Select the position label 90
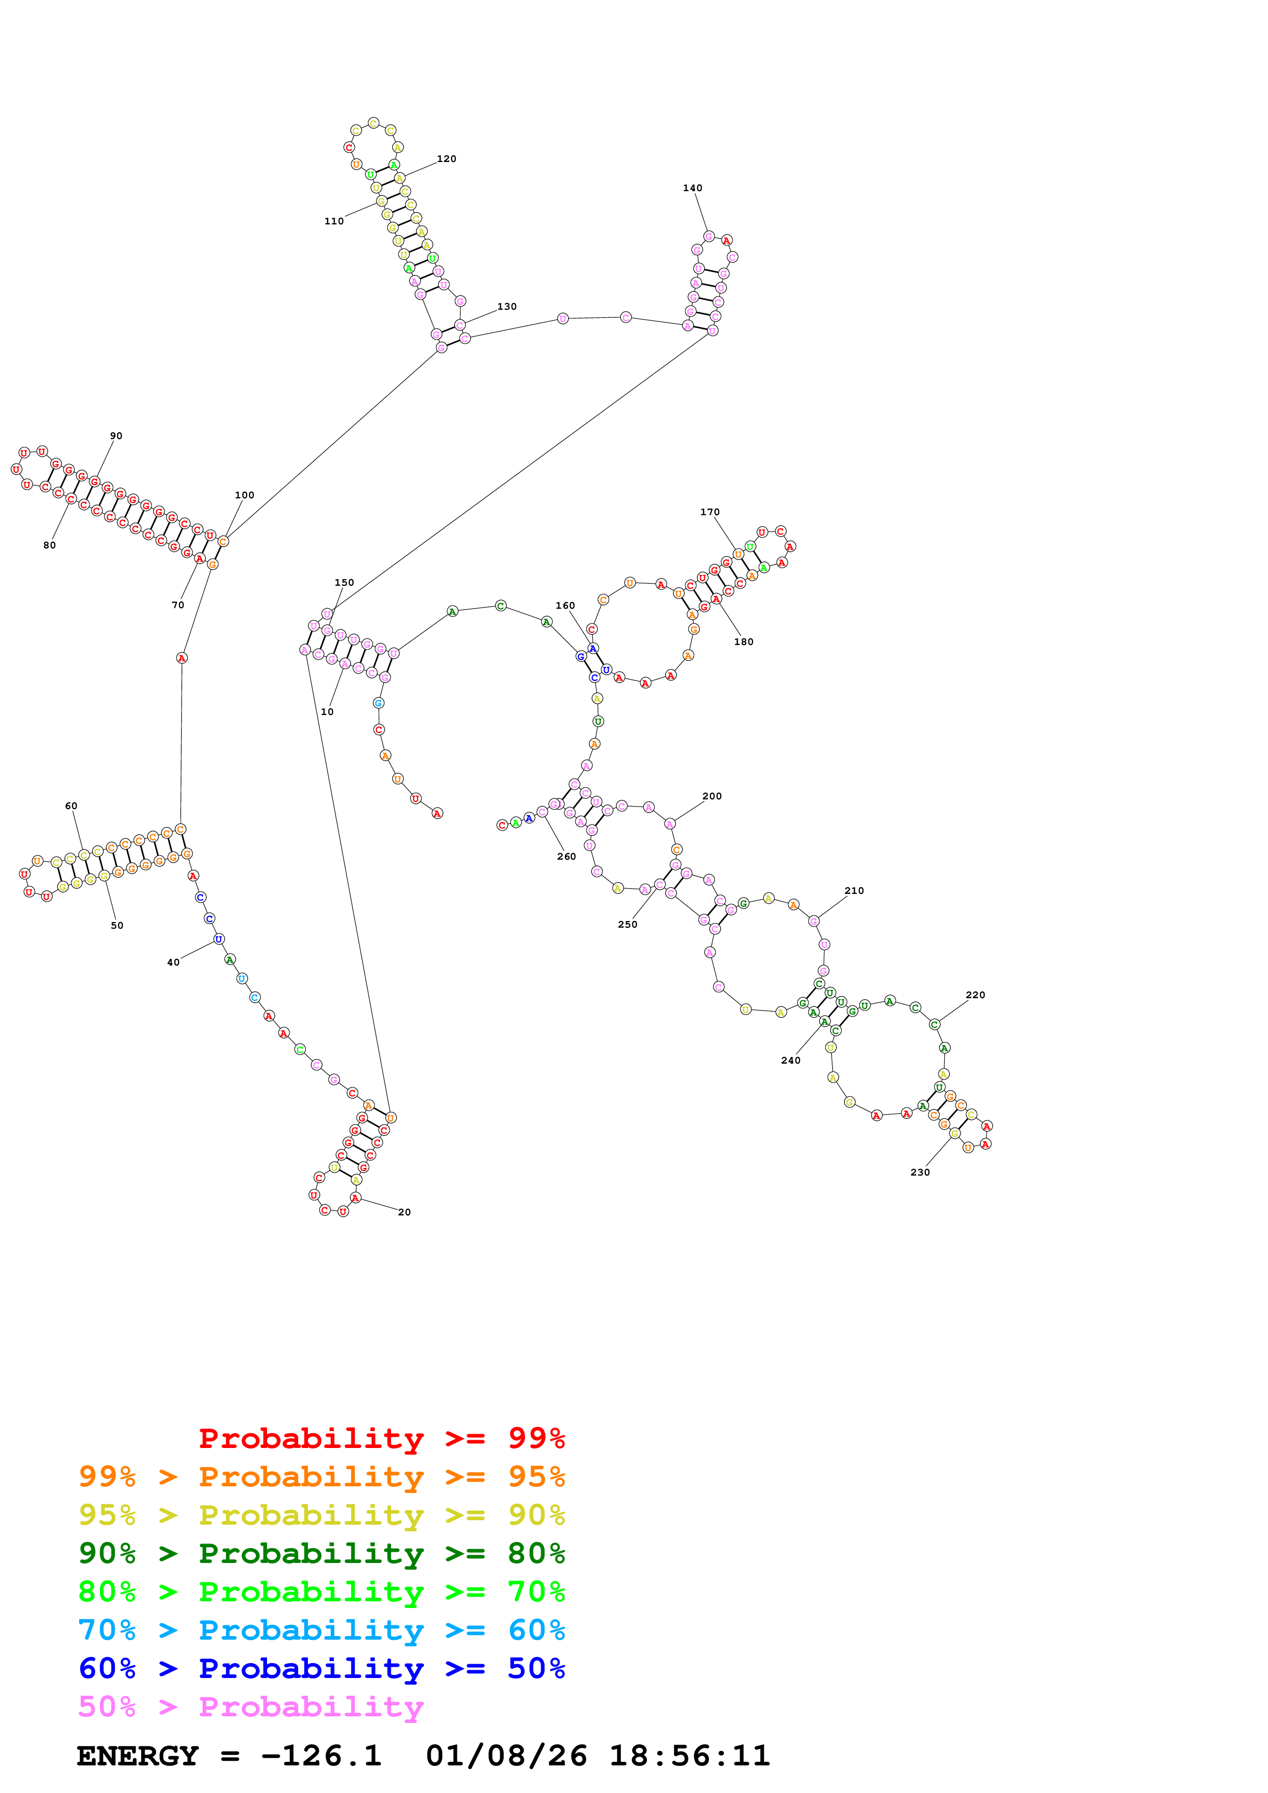(x=116, y=436)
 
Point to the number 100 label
(x=244, y=495)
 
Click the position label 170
(x=709, y=512)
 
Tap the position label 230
(x=920, y=1172)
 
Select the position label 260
(x=566, y=857)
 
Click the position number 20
(x=404, y=1212)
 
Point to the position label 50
(x=117, y=926)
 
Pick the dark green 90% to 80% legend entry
(x=321, y=1553)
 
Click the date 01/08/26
(x=506, y=1756)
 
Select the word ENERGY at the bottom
(x=138, y=1756)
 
